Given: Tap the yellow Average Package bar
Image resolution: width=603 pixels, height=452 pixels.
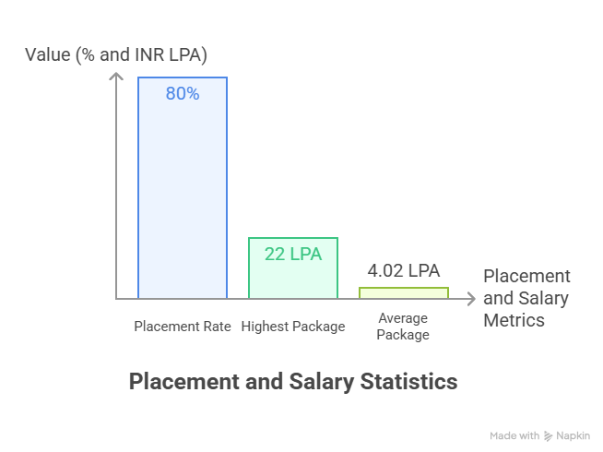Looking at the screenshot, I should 403,292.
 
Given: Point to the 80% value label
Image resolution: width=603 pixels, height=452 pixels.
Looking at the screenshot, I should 183,94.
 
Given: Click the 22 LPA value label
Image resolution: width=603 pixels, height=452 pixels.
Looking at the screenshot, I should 293,254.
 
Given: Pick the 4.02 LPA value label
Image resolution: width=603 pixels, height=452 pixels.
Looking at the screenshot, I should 404,271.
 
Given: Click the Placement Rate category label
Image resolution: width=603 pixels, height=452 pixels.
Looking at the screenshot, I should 183,327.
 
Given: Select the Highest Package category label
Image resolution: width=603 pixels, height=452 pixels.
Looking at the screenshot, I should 293,327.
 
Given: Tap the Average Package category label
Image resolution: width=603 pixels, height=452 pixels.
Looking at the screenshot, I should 403,327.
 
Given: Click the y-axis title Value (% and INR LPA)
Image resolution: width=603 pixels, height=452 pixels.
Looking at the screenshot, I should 116,55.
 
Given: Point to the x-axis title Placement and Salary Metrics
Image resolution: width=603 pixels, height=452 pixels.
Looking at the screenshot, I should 526,298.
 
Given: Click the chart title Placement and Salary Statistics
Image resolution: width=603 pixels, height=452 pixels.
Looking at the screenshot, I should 292,381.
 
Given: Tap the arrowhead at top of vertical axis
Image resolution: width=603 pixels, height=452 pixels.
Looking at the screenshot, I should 116,77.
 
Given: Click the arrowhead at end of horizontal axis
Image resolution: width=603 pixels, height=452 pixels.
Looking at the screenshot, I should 472,299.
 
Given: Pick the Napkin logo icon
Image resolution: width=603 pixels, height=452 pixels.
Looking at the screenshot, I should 548,435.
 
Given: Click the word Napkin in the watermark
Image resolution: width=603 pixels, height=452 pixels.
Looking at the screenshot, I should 573,435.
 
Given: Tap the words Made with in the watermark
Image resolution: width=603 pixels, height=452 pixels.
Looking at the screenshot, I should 514,435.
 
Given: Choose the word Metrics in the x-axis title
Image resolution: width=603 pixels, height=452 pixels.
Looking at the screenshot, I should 514,320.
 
